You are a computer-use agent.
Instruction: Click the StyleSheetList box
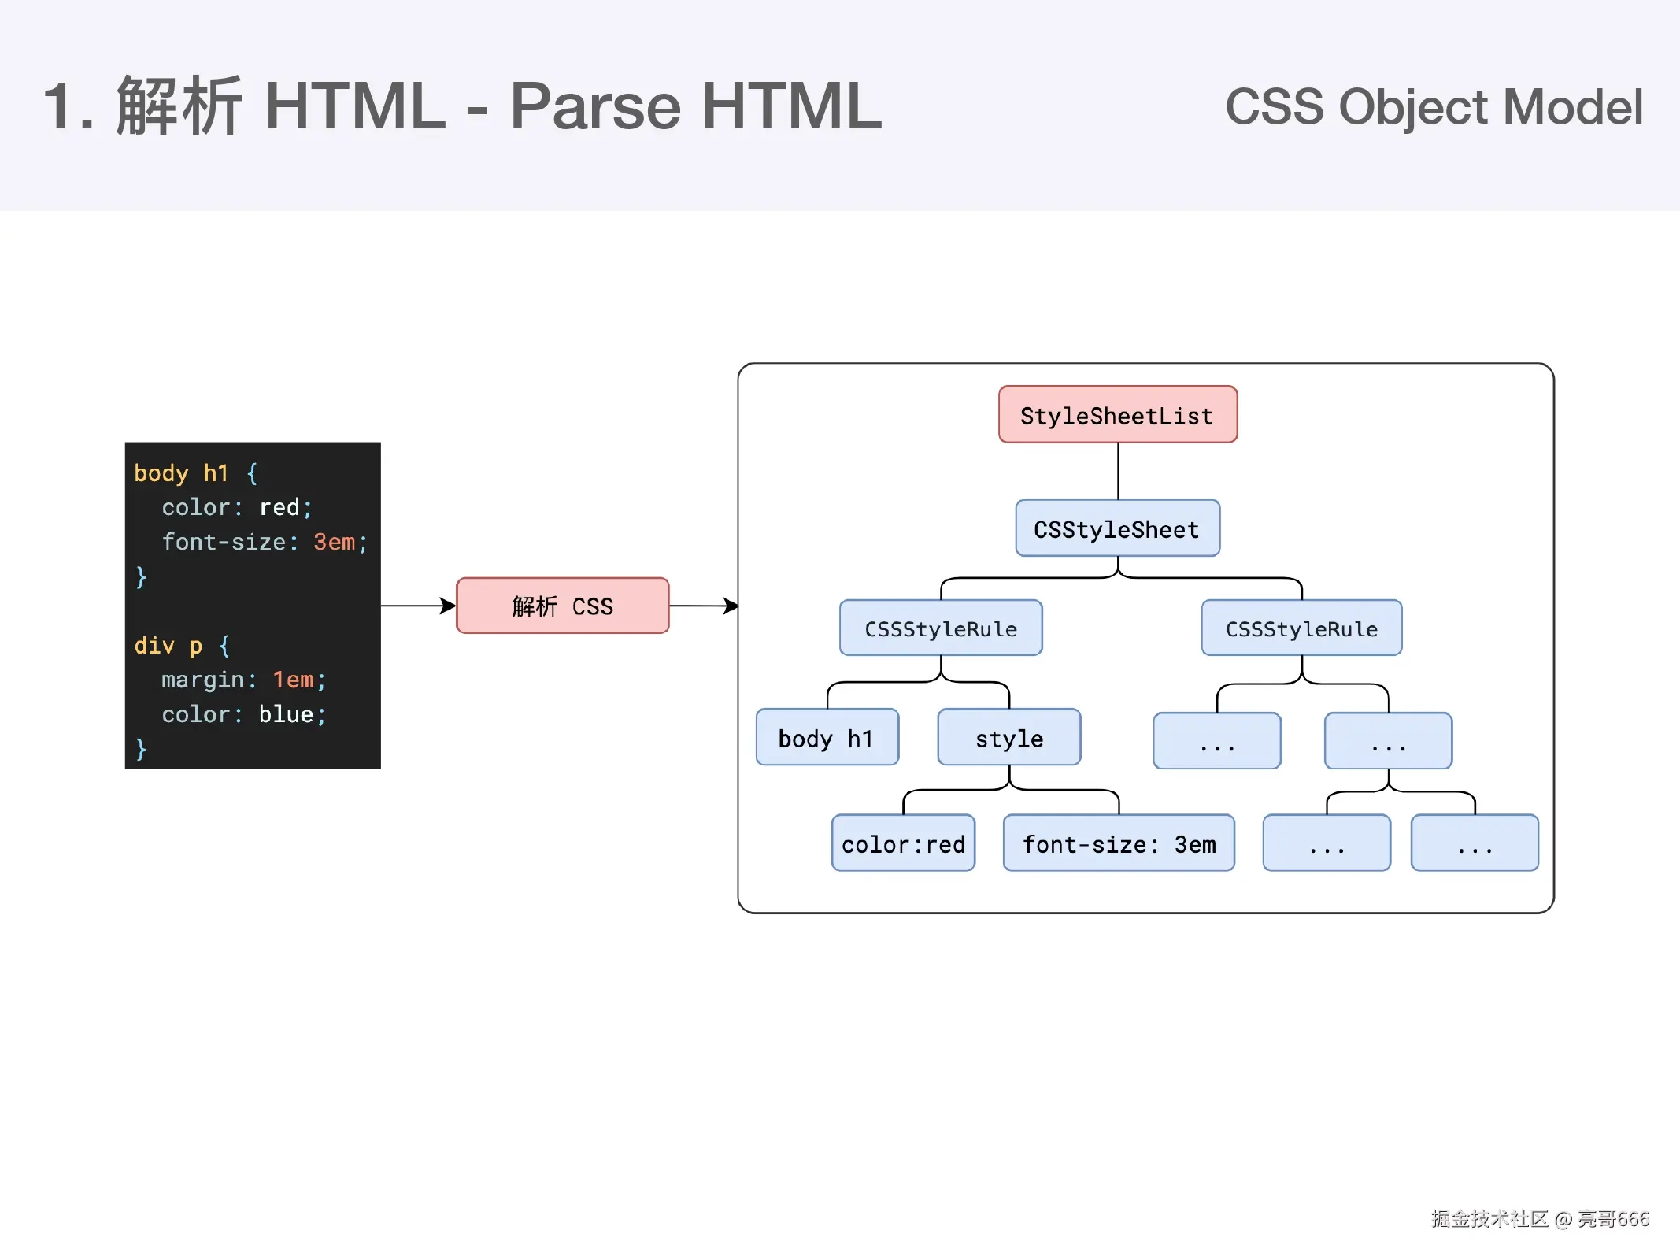coord(1117,415)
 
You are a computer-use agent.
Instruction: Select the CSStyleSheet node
coord(1117,528)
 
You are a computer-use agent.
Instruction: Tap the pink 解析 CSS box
coord(562,606)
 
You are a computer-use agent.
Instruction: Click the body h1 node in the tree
coord(827,738)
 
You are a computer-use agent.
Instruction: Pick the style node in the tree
coord(1008,738)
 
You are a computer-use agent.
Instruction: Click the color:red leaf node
coord(903,843)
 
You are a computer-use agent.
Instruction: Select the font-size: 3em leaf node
coord(1119,843)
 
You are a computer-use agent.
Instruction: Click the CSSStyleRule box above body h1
coord(941,628)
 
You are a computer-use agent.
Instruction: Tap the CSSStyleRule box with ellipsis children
coord(1301,628)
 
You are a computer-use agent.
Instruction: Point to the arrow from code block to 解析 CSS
coord(417,606)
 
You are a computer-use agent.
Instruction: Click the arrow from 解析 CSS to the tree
coord(703,606)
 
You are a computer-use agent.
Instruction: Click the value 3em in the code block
coord(335,542)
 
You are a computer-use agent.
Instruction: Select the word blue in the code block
coord(286,714)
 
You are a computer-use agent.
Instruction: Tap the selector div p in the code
coord(168,646)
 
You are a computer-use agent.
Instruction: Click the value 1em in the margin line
coord(294,680)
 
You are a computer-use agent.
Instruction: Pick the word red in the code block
coord(279,507)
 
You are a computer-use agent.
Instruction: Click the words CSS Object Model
coord(1434,107)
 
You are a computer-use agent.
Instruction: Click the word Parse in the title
coord(595,106)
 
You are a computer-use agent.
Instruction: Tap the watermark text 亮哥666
coord(1613,1218)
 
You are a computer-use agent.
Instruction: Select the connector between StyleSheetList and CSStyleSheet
coord(1118,471)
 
